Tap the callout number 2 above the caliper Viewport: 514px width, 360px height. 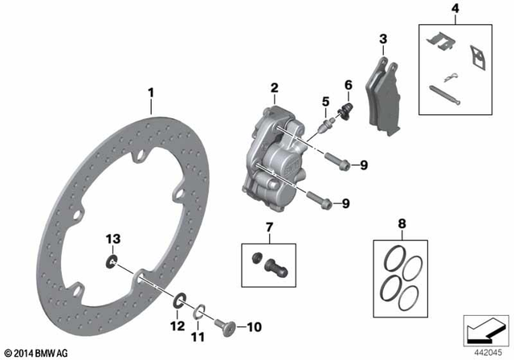click(274, 88)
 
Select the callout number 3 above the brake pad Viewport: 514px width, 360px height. click(382, 39)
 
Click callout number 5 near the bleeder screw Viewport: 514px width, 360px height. click(326, 101)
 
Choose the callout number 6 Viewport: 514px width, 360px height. click(348, 84)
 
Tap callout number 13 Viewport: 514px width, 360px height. click(113, 237)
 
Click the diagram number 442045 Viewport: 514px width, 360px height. click(485, 351)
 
